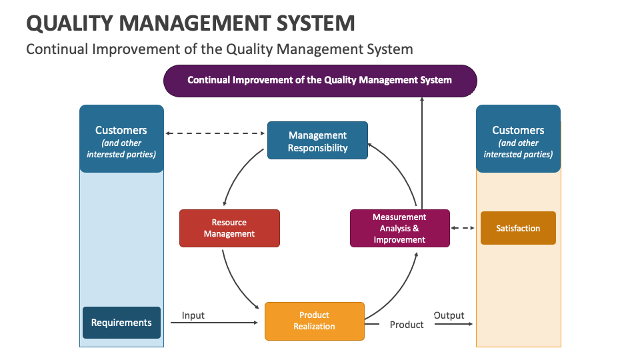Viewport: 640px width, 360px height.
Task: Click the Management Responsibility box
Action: pos(317,140)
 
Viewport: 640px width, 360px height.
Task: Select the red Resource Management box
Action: pos(229,228)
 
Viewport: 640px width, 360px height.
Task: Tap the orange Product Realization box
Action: pos(315,321)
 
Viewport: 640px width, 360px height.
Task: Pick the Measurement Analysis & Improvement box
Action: pos(400,228)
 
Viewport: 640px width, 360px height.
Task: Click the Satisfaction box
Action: pos(518,228)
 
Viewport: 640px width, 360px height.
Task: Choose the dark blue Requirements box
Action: pos(121,323)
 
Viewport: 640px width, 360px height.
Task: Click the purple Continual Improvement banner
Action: pos(320,81)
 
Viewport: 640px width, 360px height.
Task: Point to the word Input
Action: pos(193,315)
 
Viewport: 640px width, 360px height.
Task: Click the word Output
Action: pos(449,315)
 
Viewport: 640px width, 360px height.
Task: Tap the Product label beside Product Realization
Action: pos(407,325)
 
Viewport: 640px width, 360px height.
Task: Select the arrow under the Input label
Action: pos(220,323)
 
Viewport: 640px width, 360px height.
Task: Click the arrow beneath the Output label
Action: pos(453,324)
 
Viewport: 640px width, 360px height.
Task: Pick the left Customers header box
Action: pos(121,139)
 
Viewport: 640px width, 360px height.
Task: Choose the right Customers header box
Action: pos(518,139)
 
